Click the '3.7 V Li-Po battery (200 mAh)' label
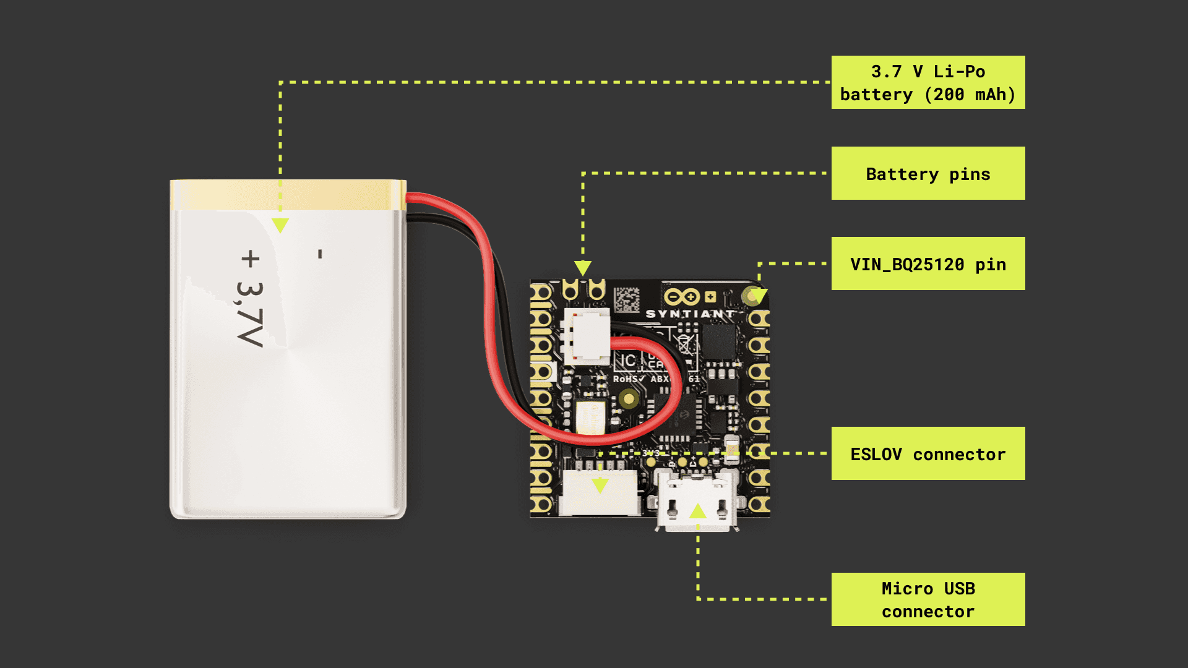click(x=928, y=82)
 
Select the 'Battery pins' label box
click(x=928, y=173)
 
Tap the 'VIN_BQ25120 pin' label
click(x=928, y=263)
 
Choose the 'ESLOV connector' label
click(x=928, y=453)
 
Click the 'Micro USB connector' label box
click(x=928, y=599)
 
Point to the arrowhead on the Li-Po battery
click(x=280, y=225)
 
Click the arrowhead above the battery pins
click(x=583, y=268)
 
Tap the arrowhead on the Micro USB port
click(x=698, y=511)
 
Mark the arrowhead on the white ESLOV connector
click(x=600, y=485)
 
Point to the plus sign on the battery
click(x=251, y=259)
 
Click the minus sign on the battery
click(x=320, y=254)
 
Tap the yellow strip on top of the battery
click(x=288, y=195)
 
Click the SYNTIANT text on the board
click(x=689, y=314)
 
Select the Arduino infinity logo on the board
click(x=682, y=297)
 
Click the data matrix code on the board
click(x=626, y=300)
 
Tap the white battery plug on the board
click(x=586, y=336)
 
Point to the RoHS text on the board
click(x=629, y=379)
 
